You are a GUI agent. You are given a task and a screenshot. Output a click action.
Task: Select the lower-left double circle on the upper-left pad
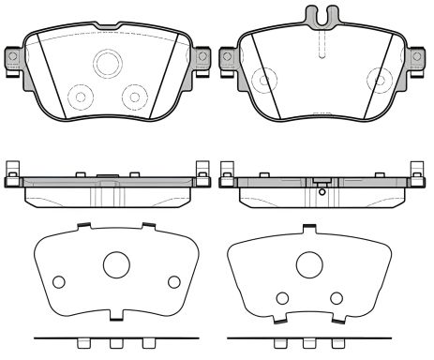pos(81,96)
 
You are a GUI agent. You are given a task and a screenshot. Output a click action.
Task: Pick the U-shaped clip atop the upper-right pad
pos(321,16)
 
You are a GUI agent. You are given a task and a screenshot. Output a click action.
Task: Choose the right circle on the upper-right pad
pos(379,78)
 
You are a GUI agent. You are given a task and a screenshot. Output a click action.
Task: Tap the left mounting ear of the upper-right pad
pos(225,57)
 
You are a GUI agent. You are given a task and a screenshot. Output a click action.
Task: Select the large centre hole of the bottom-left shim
pos(116,266)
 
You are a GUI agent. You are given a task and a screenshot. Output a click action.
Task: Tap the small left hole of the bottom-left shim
pos(60,282)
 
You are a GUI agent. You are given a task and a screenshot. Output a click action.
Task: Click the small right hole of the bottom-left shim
pos(173,282)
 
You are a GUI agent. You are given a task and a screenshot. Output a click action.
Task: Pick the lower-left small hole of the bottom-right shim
pos(280,298)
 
